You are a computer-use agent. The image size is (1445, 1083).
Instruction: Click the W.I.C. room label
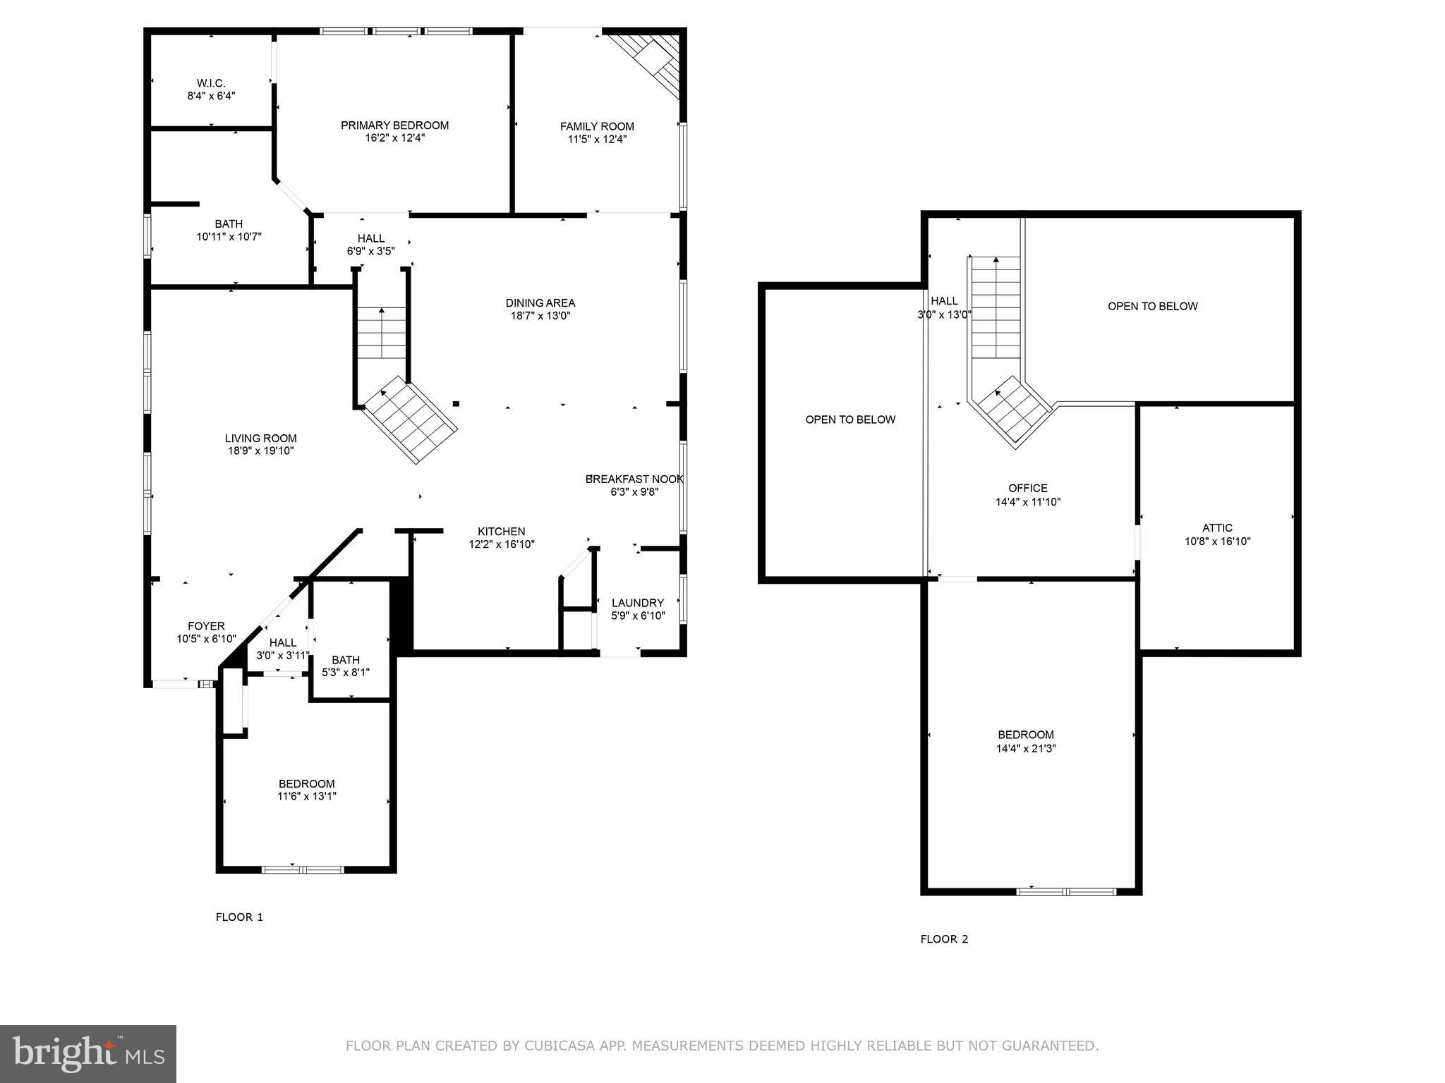pos(211,83)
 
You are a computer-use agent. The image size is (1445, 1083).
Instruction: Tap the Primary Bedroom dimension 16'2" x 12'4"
pos(394,138)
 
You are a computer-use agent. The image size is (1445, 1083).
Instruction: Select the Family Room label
pos(597,127)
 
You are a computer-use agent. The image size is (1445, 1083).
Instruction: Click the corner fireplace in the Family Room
pos(648,64)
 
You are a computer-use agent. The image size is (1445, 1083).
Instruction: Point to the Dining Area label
pos(540,303)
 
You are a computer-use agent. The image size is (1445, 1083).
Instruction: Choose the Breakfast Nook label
pos(634,479)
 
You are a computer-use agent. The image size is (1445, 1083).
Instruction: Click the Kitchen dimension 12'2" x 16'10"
pos(502,544)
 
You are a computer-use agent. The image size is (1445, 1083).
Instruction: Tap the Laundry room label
pos(638,603)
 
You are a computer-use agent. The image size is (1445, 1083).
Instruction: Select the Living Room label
pos(261,439)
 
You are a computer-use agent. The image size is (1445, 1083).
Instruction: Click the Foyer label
pos(206,626)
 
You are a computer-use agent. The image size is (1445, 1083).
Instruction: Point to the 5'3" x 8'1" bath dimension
pos(346,673)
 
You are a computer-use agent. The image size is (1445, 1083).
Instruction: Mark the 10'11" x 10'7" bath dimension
pos(229,237)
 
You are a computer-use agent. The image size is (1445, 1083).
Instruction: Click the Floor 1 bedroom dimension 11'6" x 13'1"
pos(307,796)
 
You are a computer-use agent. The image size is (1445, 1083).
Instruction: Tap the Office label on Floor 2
pos(1028,488)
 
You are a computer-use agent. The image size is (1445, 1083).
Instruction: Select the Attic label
pos(1218,527)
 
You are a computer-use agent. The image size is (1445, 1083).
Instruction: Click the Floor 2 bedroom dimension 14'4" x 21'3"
pos(1026,748)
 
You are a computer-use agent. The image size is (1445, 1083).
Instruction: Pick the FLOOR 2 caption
pos(944,939)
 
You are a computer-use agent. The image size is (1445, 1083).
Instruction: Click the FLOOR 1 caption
pos(239,917)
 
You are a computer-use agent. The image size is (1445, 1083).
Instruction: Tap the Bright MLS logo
pos(88,1053)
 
